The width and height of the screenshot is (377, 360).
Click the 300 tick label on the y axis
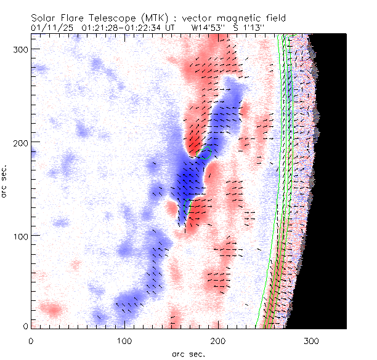pos(22,49)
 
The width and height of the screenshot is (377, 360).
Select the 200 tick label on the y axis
pos(22,142)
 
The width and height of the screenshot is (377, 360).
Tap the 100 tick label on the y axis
pos(22,236)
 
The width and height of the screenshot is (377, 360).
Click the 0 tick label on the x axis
pos(31,340)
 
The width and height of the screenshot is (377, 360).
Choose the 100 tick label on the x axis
pos(124,340)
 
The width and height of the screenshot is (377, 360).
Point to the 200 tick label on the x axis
pos(218,340)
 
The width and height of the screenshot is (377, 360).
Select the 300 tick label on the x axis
pos(312,340)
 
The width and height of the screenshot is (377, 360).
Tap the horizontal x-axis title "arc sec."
pos(188,354)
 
